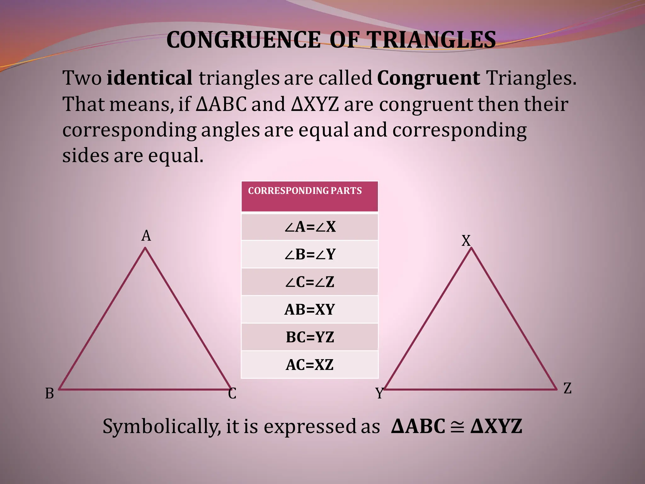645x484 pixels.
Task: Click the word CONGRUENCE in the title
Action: tap(243, 40)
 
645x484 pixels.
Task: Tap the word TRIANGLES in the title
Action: tap(432, 40)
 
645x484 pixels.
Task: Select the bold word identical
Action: tap(149, 78)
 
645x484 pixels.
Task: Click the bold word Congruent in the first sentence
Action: tap(428, 78)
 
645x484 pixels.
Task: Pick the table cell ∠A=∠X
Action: tap(310, 227)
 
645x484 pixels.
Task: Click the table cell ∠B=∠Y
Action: tap(310, 254)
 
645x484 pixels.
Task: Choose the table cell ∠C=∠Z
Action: tap(310, 282)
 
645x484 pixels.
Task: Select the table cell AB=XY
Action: tap(310, 309)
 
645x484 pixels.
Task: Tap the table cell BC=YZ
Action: tap(310, 337)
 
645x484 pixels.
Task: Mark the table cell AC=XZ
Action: tap(310, 365)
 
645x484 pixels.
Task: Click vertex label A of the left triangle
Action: tap(146, 236)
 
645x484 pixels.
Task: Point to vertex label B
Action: tap(49, 394)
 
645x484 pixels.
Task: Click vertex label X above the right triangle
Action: tap(466, 241)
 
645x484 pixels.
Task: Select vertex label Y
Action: tap(380, 393)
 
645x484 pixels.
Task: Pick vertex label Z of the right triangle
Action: tap(568, 388)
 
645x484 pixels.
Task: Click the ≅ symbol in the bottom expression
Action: tap(457, 427)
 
